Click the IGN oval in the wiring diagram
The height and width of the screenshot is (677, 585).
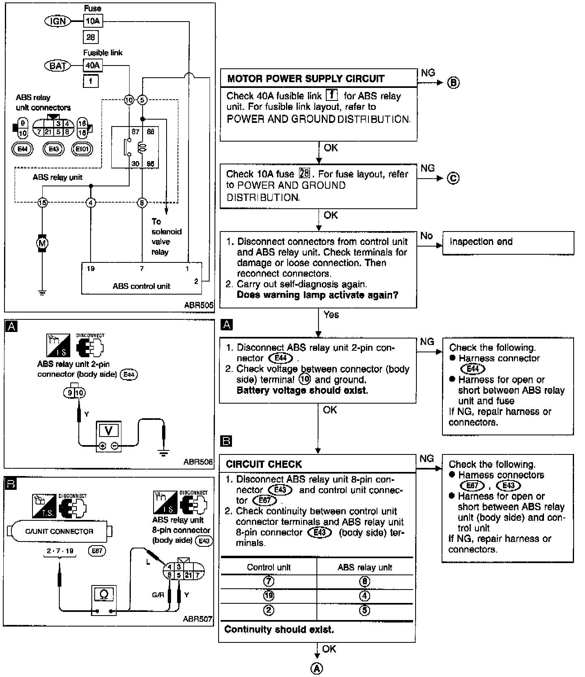click(58, 21)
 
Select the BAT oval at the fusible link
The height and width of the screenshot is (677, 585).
click(58, 65)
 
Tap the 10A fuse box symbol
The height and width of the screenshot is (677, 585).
click(93, 21)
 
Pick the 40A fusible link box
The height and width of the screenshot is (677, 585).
click(93, 65)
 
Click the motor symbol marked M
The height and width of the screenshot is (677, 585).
click(42, 243)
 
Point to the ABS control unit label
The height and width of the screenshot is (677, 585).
click(141, 286)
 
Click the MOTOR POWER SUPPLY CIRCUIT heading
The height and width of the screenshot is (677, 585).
click(305, 79)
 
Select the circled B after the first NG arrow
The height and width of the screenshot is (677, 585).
click(453, 83)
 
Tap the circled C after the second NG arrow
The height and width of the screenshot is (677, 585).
click(453, 178)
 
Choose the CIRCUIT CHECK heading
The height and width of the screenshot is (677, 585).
click(264, 464)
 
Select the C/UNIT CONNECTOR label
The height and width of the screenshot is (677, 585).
click(59, 531)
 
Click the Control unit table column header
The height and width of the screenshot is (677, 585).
click(269, 568)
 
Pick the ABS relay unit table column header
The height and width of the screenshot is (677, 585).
click(364, 568)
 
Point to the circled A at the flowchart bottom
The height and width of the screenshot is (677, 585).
click(316, 668)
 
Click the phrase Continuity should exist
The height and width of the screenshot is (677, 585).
click(279, 629)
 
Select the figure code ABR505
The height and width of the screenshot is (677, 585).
click(198, 305)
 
